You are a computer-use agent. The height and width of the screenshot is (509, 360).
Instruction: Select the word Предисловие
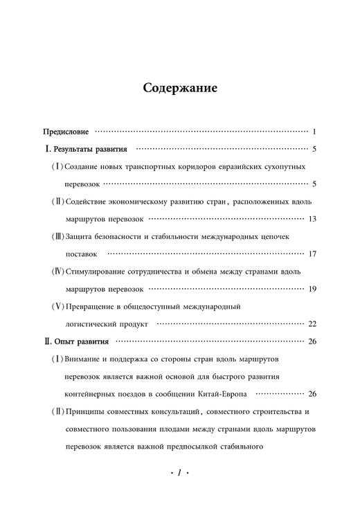pos(66,132)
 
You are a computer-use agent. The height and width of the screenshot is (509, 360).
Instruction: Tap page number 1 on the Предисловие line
pos(314,132)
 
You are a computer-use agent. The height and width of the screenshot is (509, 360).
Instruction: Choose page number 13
pos(312,219)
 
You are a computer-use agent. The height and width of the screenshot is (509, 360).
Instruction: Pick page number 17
pos(312,254)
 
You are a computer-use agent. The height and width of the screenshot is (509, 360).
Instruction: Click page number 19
pos(312,289)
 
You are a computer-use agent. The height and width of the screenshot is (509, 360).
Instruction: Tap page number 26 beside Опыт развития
pos(312,341)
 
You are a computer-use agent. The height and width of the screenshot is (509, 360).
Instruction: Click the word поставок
pos(80,254)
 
